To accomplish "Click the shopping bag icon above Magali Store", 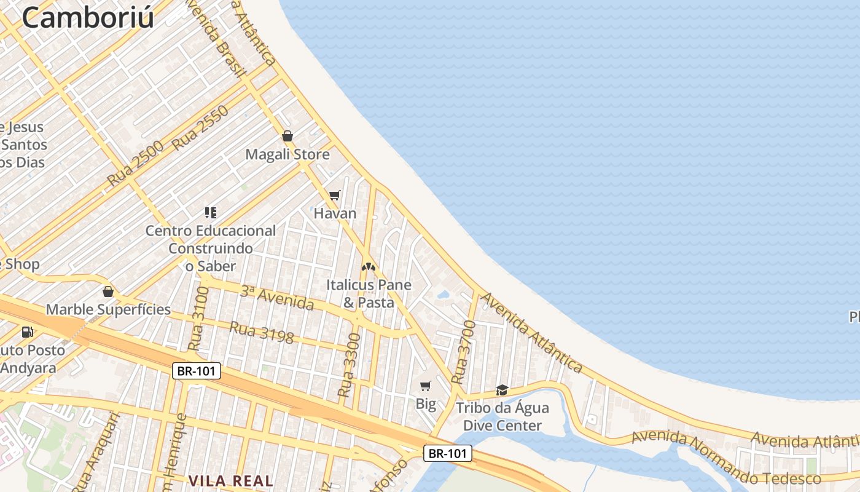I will pyautogui.click(x=287, y=136).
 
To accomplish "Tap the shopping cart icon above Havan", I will pyautogui.click(x=335, y=196).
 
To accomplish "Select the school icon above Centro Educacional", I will pyautogui.click(x=211, y=213).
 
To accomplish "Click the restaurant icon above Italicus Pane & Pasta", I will pyautogui.click(x=368, y=267).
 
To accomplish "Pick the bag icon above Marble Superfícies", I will pyautogui.click(x=108, y=292).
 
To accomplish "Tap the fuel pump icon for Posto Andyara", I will pyautogui.click(x=27, y=332).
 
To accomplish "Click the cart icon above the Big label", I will pyautogui.click(x=425, y=386).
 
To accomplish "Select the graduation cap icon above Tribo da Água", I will pyautogui.click(x=502, y=390).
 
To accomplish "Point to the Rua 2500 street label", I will pyautogui.click(x=136, y=164).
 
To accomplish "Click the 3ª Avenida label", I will pyautogui.click(x=276, y=298).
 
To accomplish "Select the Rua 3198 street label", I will pyautogui.click(x=261, y=332).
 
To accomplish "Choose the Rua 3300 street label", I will pyautogui.click(x=349, y=364).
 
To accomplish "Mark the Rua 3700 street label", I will pyautogui.click(x=464, y=352).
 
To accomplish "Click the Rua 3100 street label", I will pyautogui.click(x=197, y=318).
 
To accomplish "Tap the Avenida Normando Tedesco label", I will pyautogui.click(x=726, y=459).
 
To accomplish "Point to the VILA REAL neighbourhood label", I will pyautogui.click(x=231, y=481).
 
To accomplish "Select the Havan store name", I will pyautogui.click(x=335, y=213).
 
